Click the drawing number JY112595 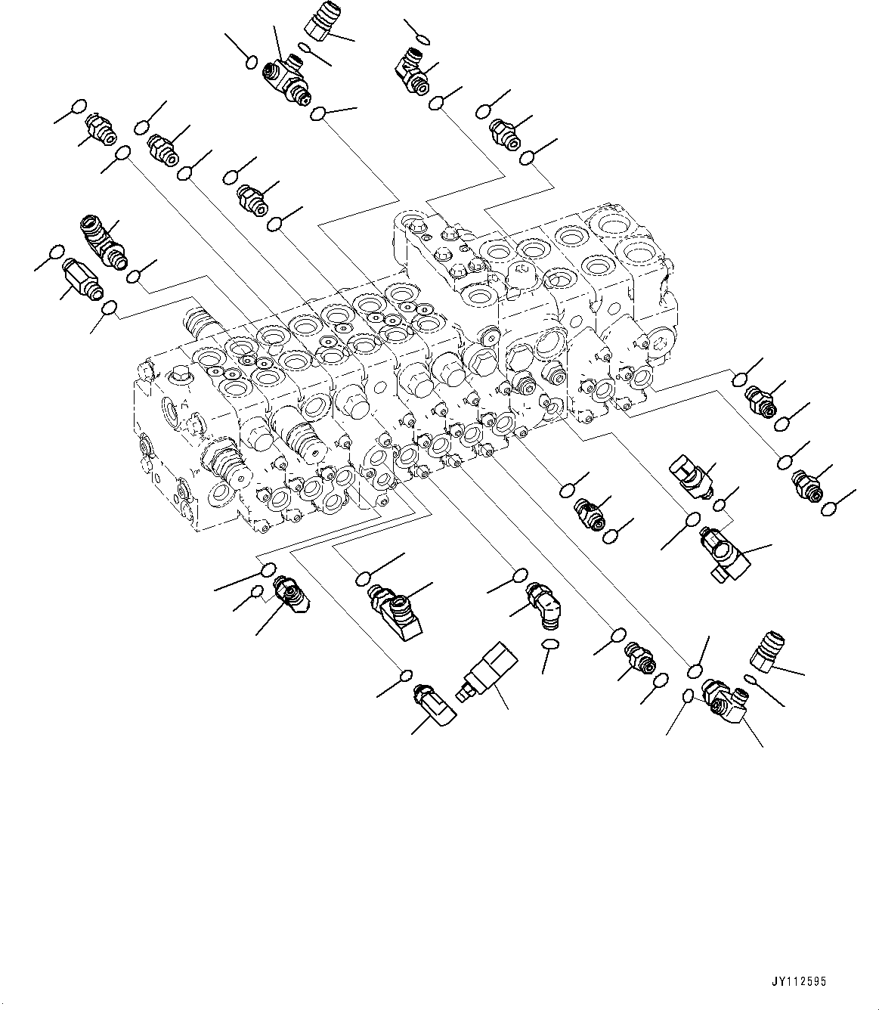click(798, 982)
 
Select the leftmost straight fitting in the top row click(99, 126)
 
